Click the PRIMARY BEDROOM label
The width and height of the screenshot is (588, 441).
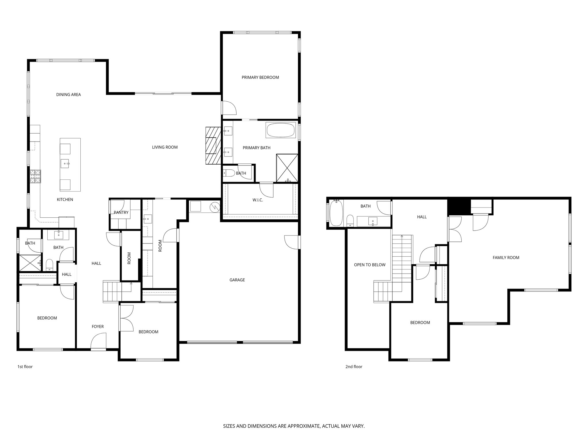click(260, 77)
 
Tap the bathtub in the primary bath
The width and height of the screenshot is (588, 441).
click(281, 130)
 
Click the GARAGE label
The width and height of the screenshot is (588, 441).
click(237, 280)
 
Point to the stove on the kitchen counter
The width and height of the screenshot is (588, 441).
click(36, 176)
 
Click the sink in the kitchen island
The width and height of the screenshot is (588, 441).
click(65, 164)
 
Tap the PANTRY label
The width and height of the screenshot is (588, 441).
click(121, 212)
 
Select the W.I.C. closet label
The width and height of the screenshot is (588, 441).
click(258, 200)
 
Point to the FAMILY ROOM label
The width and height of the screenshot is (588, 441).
click(506, 258)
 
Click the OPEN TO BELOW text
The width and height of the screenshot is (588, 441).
click(370, 265)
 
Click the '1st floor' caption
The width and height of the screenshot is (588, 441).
click(25, 367)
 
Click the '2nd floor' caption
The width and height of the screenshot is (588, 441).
click(354, 367)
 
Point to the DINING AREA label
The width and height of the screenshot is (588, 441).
click(68, 94)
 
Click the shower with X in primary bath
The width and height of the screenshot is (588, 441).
click(287, 168)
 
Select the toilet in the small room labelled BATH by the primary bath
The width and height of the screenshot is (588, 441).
click(229, 173)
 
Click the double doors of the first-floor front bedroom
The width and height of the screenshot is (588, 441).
click(127, 318)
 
